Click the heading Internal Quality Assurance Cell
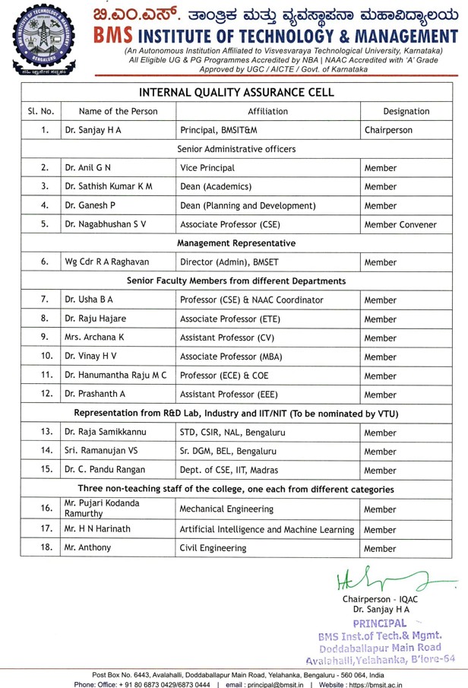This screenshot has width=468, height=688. click(234, 91)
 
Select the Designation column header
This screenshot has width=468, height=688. click(406, 111)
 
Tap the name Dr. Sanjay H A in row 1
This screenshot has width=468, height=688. click(93, 130)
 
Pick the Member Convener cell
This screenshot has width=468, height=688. click(400, 224)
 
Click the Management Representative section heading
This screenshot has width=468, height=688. click(236, 243)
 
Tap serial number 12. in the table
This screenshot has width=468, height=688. click(46, 394)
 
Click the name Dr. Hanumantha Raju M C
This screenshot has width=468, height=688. click(115, 376)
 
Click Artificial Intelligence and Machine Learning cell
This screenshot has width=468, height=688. click(267, 529)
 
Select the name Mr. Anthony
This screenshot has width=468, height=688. click(87, 547)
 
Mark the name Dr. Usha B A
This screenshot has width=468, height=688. click(90, 300)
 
